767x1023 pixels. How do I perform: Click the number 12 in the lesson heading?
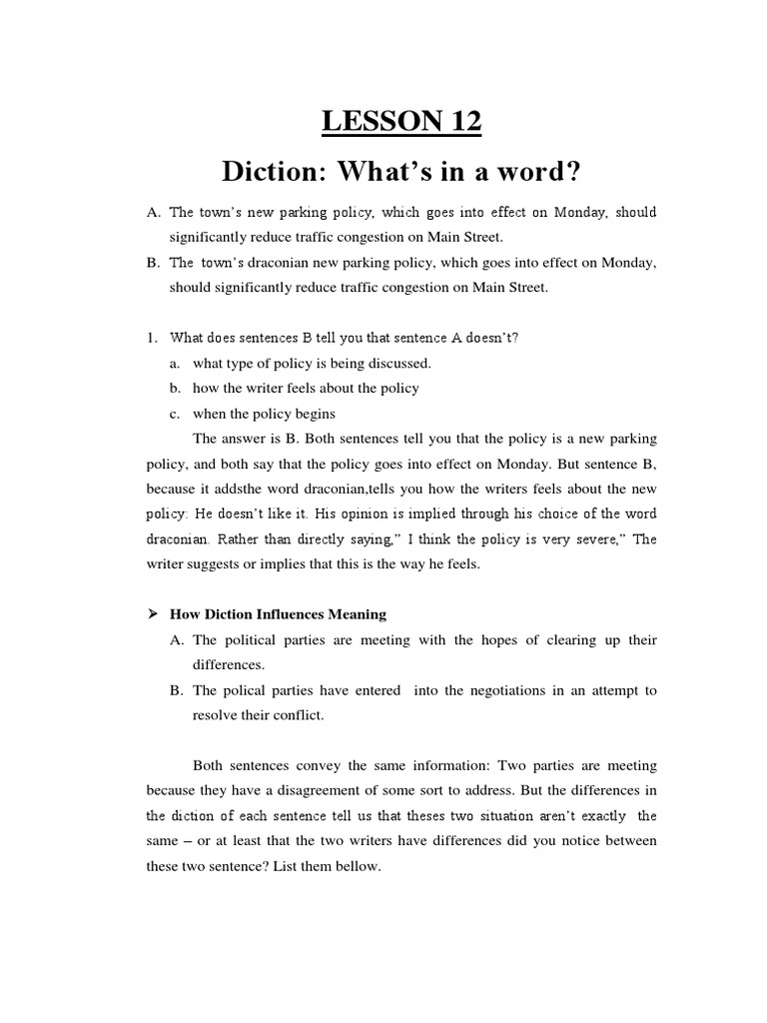pyautogui.click(x=459, y=122)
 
